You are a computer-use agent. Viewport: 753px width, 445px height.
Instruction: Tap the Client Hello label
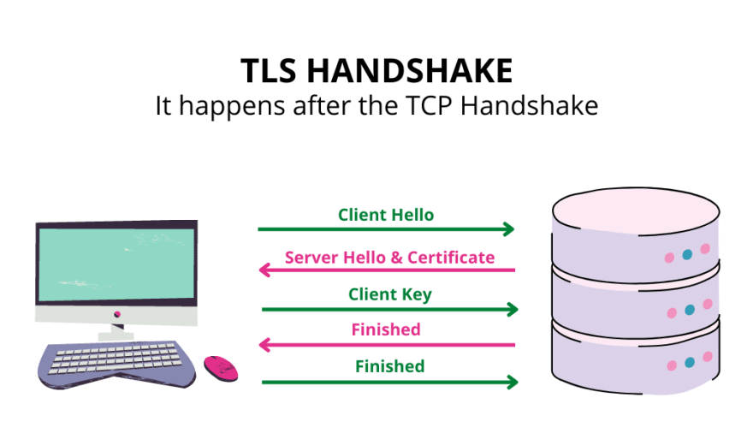point(386,215)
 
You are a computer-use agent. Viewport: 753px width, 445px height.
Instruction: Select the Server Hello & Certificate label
point(389,257)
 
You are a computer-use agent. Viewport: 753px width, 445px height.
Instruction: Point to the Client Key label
point(389,294)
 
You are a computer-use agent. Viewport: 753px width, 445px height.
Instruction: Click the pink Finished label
point(386,329)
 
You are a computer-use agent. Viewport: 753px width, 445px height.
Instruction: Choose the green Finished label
point(389,366)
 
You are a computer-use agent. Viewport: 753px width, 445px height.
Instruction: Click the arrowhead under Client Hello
point(509,229)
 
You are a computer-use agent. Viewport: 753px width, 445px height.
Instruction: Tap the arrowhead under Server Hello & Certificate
point(265,270)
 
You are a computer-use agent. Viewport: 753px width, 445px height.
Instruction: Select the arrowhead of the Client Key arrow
point(513,309)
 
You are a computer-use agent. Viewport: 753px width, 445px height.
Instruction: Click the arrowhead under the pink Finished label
point(265,345)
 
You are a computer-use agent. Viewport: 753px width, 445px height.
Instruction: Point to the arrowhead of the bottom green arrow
point(513,381)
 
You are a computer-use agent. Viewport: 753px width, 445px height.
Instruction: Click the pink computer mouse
point(221,367)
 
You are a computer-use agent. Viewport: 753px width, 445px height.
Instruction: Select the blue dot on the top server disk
point(688,254)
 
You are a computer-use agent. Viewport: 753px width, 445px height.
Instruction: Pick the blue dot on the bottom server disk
point(689,362)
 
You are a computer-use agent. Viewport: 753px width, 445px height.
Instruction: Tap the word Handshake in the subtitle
point(536,107)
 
